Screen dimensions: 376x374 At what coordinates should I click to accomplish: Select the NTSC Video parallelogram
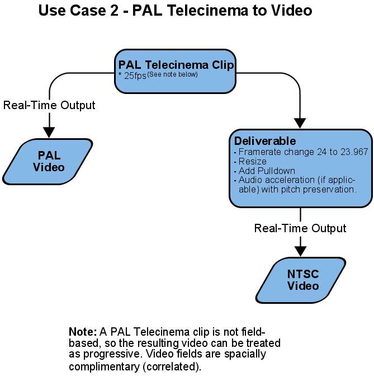coord(303,280)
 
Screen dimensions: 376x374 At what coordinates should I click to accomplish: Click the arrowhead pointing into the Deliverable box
coord(301,123)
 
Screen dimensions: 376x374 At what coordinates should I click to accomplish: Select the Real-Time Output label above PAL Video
coord(49,105)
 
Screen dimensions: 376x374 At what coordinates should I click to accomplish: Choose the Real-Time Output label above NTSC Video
coord(300,228)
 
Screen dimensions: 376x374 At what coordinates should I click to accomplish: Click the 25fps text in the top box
coord(135,76)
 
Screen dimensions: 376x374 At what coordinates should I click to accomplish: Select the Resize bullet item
coord(250,161)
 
